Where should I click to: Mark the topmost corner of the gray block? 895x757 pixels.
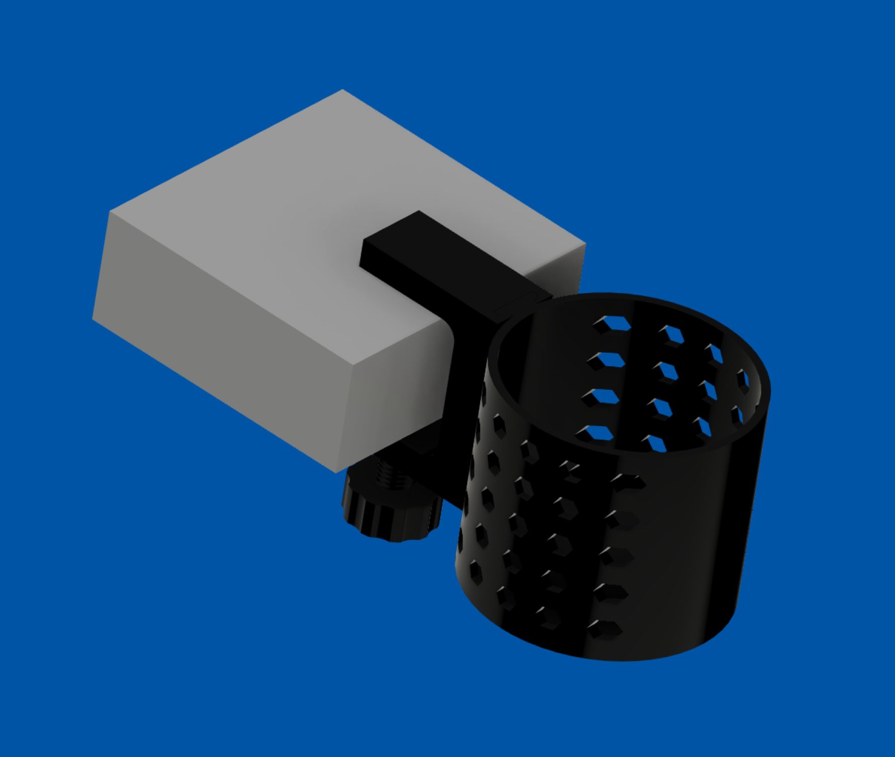342,90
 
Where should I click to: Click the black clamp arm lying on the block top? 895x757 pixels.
443,262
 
